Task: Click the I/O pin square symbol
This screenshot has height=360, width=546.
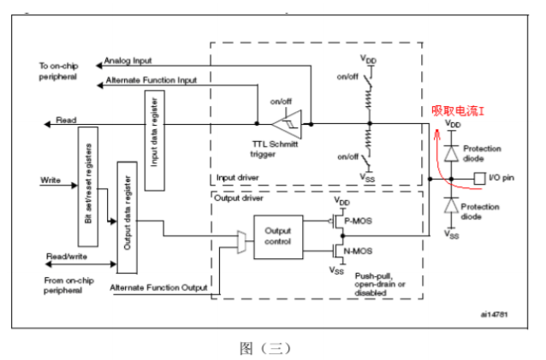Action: tap(479, 179)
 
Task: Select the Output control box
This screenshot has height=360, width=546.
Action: tap(278, 237)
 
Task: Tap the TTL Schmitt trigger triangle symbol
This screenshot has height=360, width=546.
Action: tap(288, 124)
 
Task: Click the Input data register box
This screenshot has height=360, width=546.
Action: tap(155, 140)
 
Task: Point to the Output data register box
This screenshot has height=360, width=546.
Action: tap(128, 217)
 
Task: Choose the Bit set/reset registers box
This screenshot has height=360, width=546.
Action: tap(88, 186)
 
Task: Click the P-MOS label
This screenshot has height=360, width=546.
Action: tap(358, 221)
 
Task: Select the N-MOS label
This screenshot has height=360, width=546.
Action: tap(358, 251)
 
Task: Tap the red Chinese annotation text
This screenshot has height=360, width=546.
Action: tap(458, 111)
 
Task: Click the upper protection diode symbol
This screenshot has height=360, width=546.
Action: tap(452, 153)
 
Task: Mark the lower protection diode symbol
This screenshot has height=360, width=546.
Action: tap(451, 205)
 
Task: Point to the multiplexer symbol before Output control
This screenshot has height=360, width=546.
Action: tap(241, 242)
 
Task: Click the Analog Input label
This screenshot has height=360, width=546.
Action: tap(128, 61)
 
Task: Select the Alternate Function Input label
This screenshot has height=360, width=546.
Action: tap(151, 80)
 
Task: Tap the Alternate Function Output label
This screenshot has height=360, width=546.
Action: tap(159, 287)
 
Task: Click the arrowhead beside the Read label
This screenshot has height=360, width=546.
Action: tap(47, 124)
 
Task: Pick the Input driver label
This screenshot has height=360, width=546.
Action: tap(237, 178)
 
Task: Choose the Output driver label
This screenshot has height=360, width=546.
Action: tap(239, 198)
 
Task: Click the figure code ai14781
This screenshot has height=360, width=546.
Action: tap(494, 315)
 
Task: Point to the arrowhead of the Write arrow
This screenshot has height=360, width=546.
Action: tap(74, 185)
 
